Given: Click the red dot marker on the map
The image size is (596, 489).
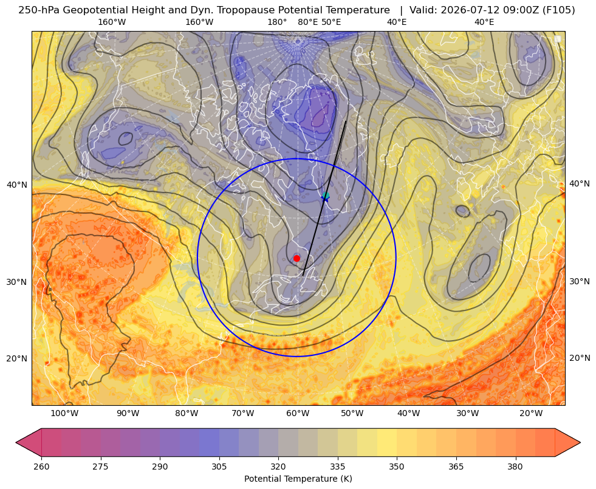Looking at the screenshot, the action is (x=297, y=258).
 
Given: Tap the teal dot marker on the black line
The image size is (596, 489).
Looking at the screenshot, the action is (x=326, y=196).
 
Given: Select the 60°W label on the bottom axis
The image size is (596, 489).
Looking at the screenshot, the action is (x=297, y=413).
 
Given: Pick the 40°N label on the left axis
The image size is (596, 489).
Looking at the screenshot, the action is (x=17, y=185).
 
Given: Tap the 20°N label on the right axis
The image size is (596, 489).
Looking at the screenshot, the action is (x=580, y=358).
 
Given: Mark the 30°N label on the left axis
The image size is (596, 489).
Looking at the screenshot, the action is (x=17, y=282).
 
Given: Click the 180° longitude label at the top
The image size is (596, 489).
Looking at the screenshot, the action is (x=277, y=22).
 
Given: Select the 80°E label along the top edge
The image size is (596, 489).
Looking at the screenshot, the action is (x=308, y=22).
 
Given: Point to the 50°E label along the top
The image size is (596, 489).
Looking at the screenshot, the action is (x=331, y=22).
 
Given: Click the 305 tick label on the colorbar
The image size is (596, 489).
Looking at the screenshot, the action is (x=219, y=467).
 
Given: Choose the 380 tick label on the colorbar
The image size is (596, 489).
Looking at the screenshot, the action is (x=515, y=467).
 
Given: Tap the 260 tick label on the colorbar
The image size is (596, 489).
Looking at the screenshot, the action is (x=41, y=467).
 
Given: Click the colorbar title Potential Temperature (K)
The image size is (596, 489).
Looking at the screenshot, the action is (x=298, y=479).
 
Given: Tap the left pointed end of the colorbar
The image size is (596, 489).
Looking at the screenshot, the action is (x=16, y=442).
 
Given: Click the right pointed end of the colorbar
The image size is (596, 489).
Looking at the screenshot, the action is (x=580, y=442).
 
